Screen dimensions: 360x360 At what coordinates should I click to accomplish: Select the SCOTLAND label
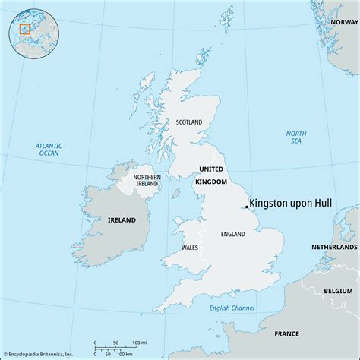(x=190, y=122)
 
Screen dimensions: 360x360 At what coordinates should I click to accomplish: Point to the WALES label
(x=191, y=248)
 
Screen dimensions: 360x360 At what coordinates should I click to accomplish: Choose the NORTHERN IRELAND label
(x=147, y=179)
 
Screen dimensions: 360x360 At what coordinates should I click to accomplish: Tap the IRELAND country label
(x=122, y=219)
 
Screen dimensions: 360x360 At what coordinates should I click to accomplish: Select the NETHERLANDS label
(x=334, y=248)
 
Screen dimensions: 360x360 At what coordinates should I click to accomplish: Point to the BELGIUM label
(x=339, y=291)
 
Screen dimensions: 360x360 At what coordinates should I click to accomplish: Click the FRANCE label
(x=286, y=333)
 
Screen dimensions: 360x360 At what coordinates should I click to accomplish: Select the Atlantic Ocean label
(x=49, y=149)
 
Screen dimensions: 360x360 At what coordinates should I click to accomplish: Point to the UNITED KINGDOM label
(x=210, y=175)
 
